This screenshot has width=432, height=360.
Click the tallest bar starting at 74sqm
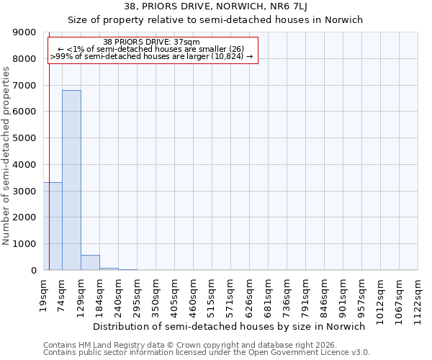71,180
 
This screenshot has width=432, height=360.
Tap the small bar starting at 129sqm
90,263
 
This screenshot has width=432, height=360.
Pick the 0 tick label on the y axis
33,271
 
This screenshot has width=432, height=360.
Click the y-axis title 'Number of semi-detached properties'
6,156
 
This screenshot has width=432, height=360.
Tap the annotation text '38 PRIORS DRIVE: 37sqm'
151,42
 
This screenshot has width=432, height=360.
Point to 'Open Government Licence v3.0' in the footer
302,353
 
